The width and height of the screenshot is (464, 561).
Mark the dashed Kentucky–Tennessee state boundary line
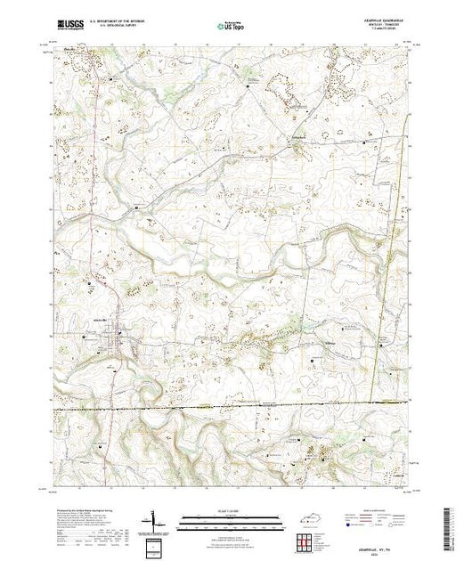267,406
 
